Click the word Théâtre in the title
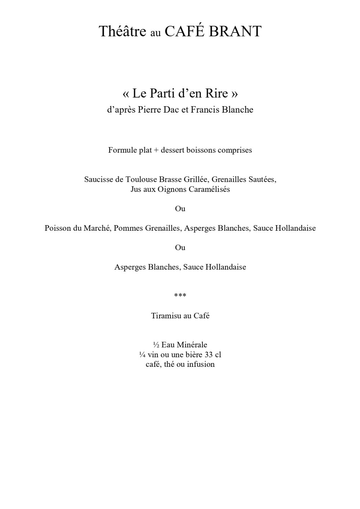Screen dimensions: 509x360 click(122, 32)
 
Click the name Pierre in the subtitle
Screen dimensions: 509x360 click(149, 110)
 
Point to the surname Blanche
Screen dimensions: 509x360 click(238, 110)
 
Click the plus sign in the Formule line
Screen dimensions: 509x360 click(156, 150)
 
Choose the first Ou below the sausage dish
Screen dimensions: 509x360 click(180, 209)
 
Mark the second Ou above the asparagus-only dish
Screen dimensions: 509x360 click(180, 248)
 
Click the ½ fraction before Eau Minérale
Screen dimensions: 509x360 click(156, 345)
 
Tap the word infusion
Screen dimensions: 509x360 click(201, 364)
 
